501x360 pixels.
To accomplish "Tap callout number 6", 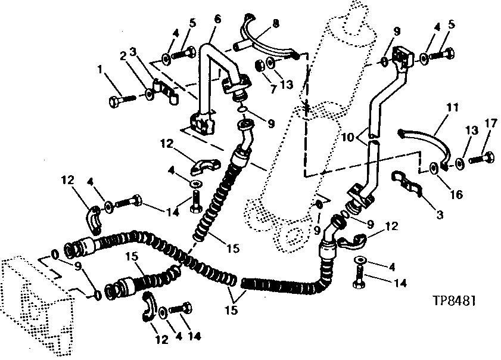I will (x=217, y=20).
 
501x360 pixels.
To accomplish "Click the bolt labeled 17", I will (x=481, y=158).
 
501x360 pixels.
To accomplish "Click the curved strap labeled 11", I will (x=426, y=140).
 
